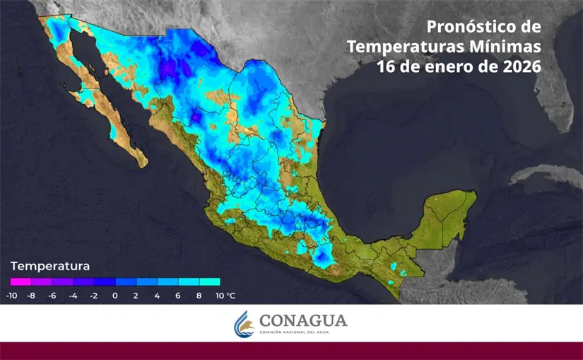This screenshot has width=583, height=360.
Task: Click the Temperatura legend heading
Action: coord(49,267)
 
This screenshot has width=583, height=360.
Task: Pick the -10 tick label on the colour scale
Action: coord(12,296)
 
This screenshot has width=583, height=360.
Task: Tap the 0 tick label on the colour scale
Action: coord(115,296)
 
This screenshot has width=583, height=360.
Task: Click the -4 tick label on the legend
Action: coord(73,296)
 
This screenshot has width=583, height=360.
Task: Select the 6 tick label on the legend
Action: coord(178,296)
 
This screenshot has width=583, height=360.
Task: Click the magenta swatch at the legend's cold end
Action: coord(20,281)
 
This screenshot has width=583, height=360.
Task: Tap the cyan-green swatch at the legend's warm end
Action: coord(210,281)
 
